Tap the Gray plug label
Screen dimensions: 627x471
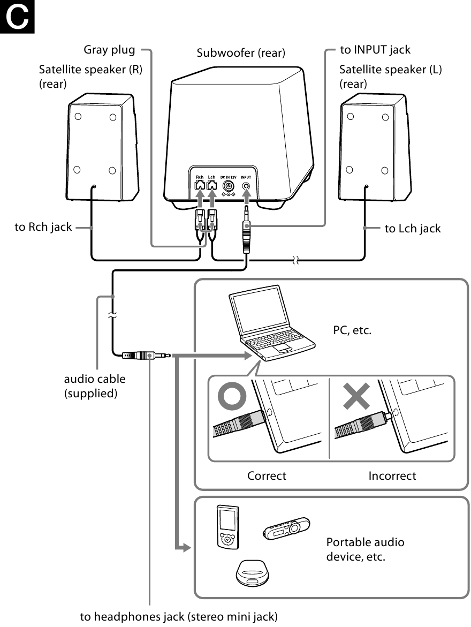tap(109, 50)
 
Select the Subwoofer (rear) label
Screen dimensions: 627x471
tap(240, 53)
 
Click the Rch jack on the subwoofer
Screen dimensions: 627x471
tap(199, 185)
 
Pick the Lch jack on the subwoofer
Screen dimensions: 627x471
tap(212, 185)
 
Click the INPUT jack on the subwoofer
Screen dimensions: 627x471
tap(246, 186)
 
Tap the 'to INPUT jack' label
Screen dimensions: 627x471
tap(375, 50)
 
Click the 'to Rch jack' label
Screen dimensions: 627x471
tap(43, 228)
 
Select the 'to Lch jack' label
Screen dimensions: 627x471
tap(413, 229)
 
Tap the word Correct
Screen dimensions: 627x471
tap(267, 475)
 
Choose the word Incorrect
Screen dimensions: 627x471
tap(392, 475)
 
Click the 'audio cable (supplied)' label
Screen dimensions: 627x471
tap(95, 386)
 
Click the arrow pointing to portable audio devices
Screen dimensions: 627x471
tap(183, 548)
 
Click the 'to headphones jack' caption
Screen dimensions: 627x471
tap(179, 616)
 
